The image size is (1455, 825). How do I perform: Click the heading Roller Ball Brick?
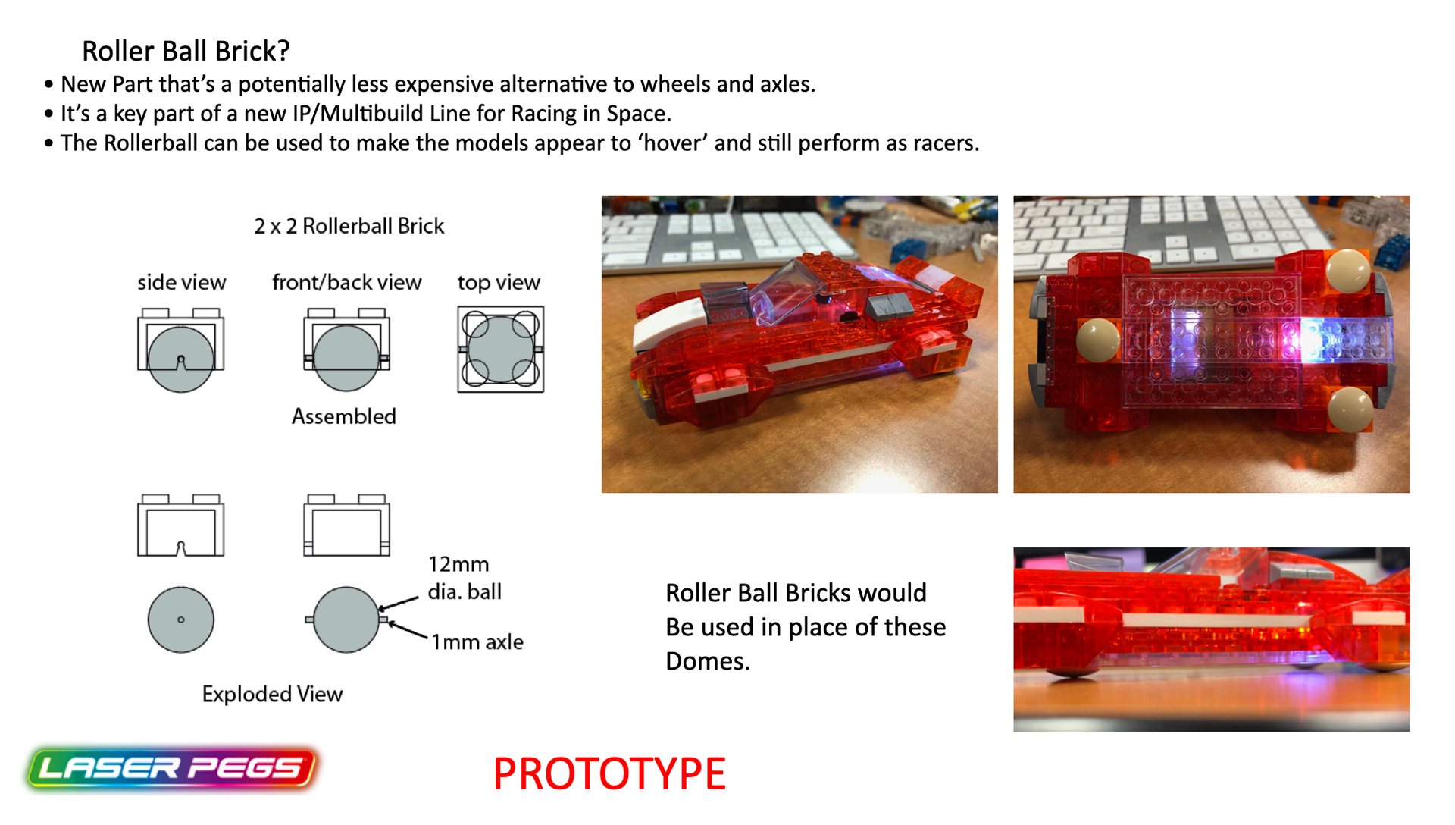[x=186, y=51]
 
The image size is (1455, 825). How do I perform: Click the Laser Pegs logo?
[x=171, y=769]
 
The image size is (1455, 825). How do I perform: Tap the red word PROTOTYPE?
[x=609, y=773]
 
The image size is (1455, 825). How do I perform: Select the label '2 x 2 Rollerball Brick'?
[x=349, y=226]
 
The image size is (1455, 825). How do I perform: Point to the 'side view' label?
[x=181, y=282]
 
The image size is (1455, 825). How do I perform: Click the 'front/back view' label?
[x=346, y=282]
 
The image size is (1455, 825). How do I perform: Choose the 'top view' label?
[x=499, y=283]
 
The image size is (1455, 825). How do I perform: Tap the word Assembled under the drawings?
[x=344, y=416]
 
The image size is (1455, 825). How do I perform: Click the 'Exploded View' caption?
[x=272, y=694]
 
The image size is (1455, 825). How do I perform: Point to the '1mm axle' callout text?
[x=477, y=642]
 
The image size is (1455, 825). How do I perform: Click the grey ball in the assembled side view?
[x=180, y=359]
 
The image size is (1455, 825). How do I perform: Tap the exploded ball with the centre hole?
[x=180, y=620]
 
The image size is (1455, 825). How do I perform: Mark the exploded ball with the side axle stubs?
[x=346, y=620]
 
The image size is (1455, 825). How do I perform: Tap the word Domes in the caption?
[x=707, y=661]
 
